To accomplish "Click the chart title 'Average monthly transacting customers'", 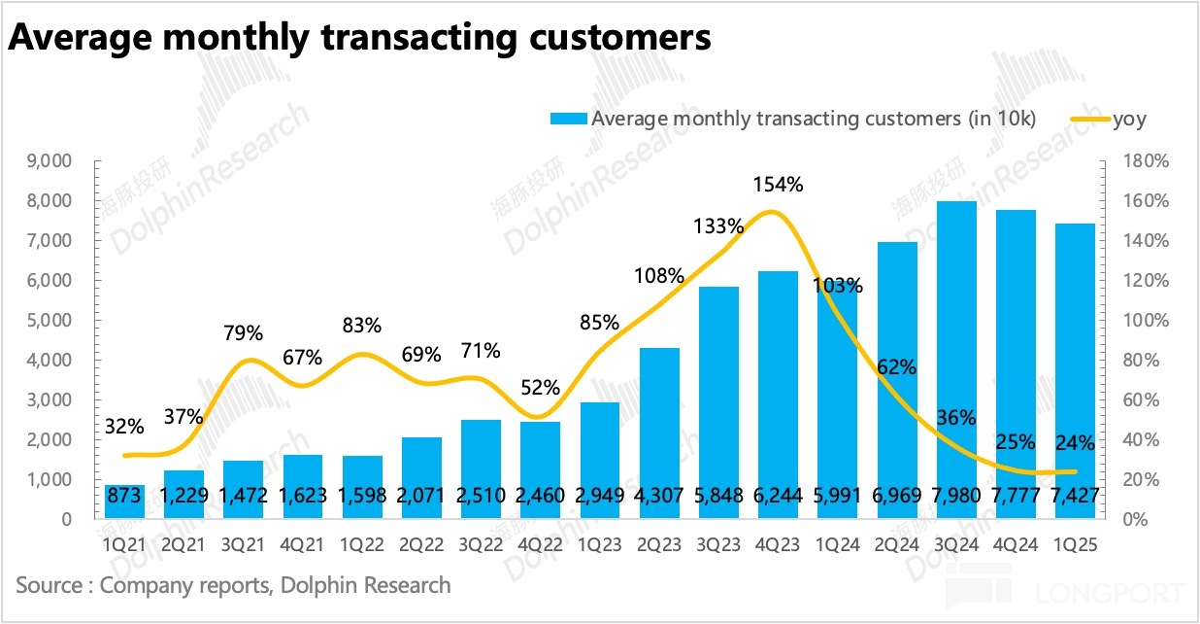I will point(359,38).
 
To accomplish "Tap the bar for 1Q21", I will point(124,502).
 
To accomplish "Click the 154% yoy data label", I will point(779,184).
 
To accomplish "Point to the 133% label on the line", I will point(718,227).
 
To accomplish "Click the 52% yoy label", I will point(540,387).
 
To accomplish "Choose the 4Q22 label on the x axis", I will point(540,545).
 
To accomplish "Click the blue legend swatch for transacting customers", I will point(568,120).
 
